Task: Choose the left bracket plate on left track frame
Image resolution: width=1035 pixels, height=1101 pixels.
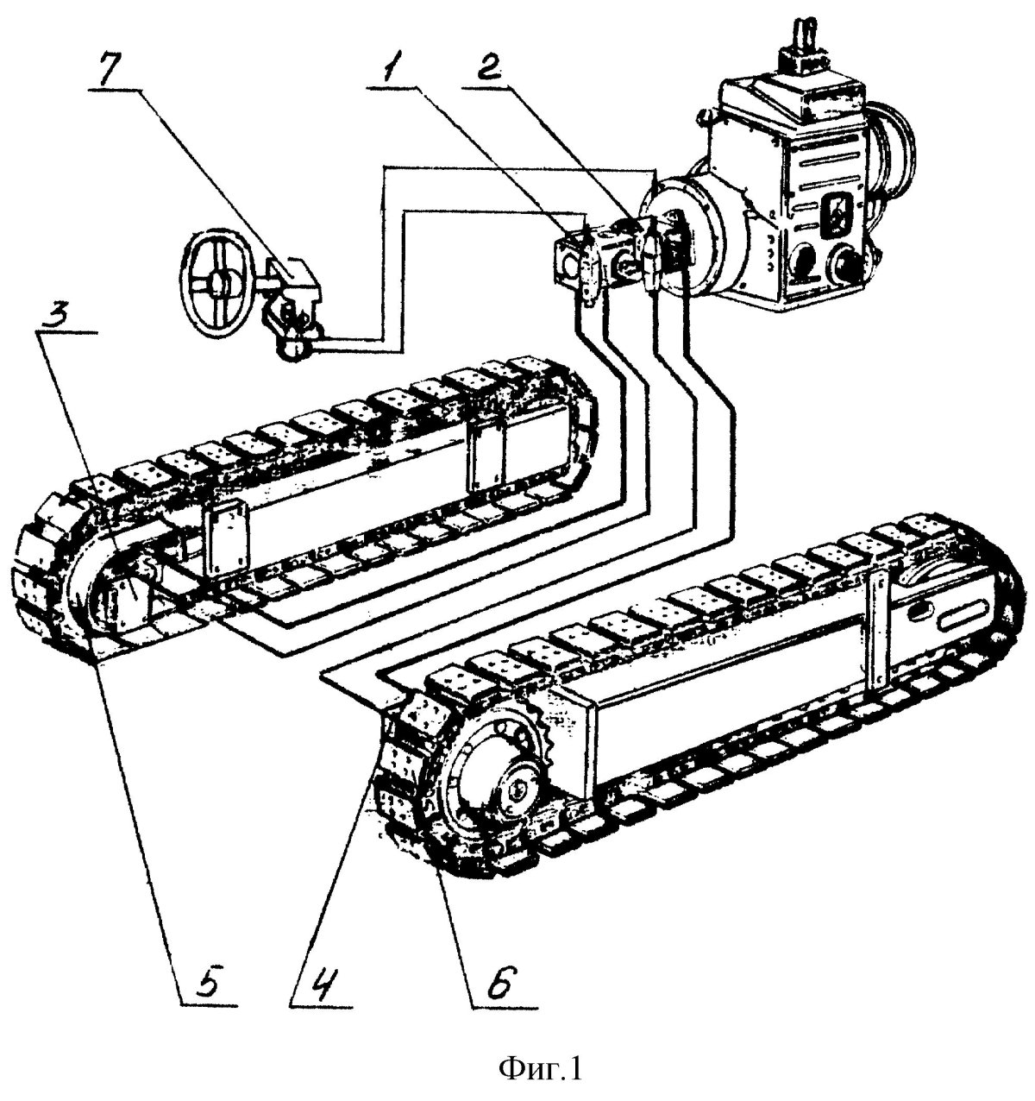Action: (x=224, y=542)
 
